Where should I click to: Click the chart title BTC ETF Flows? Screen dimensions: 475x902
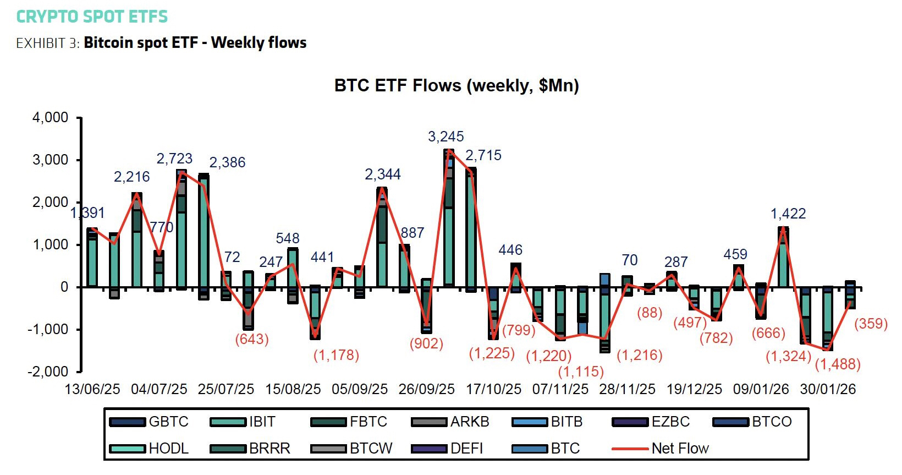point(457,86)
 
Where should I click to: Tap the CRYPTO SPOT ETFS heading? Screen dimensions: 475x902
point(92,17)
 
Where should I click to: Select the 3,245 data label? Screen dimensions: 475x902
point(446,137)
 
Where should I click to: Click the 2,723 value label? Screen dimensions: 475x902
point(174,159)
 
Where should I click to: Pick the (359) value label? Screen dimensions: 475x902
point(871,324)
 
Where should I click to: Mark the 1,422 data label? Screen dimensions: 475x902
point(788,214)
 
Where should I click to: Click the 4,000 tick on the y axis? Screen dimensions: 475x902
point(50,118)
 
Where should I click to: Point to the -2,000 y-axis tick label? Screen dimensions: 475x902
point(48,372)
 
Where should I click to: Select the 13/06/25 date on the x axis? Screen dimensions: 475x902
point(92,389)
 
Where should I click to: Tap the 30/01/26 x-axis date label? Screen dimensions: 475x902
point(828,389)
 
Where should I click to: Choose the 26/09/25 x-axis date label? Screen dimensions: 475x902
point(427,389)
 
